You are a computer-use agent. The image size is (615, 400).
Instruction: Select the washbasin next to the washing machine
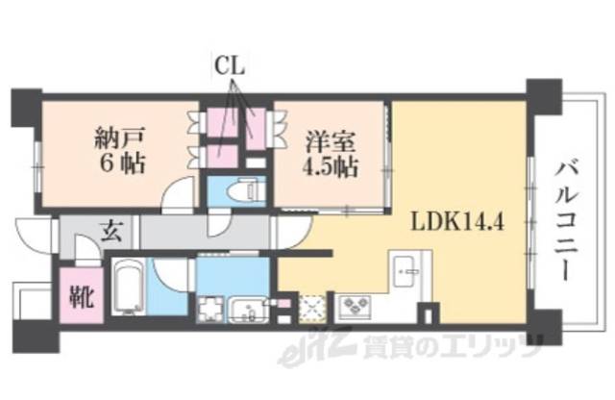[249, 310]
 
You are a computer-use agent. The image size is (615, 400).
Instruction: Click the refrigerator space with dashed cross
[312, 307]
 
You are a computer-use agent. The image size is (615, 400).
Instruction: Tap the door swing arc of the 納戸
[177, 195]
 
